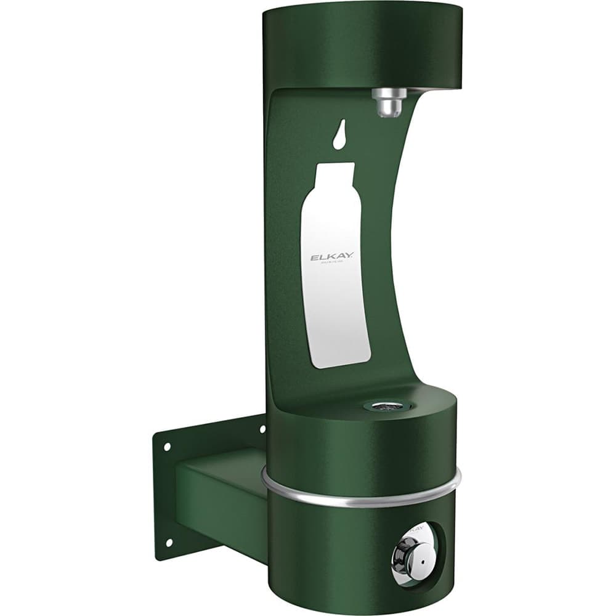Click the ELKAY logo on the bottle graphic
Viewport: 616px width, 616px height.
[x=331, y=258]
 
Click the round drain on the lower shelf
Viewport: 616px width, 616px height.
[x=383, y=405]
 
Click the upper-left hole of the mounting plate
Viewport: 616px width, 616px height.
[x=165, y=447]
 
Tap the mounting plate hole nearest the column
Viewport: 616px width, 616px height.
[x=262, y=429]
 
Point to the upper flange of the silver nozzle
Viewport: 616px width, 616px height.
[x=389, y=94]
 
